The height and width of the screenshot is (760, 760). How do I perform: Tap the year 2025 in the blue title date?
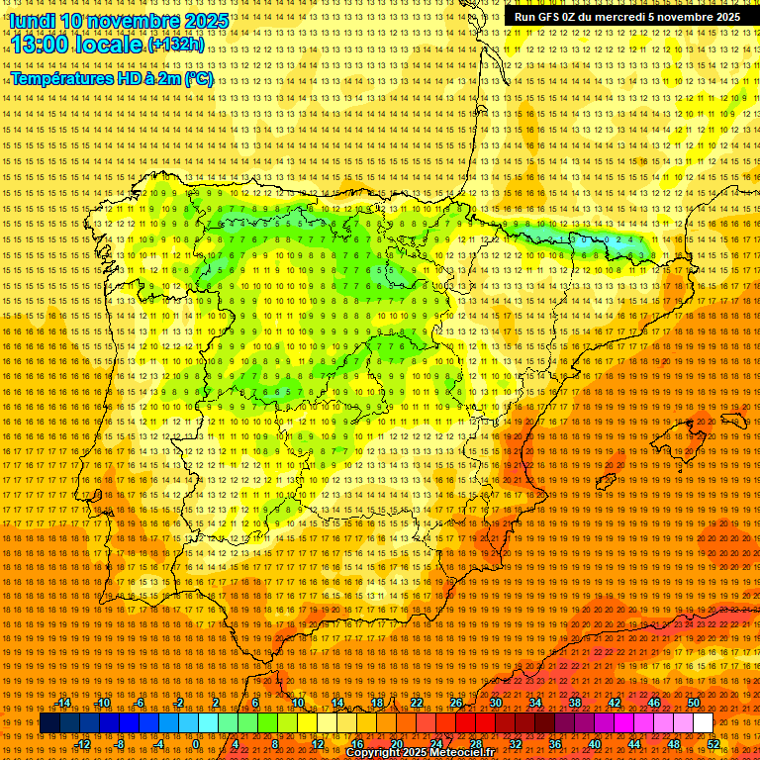click(x=205, y=21)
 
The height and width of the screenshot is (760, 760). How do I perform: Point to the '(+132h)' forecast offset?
click(x=176, y=45)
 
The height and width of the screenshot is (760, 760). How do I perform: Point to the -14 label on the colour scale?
click(x=64, y=703)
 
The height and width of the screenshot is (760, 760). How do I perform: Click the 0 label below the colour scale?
click(x=196, y=744)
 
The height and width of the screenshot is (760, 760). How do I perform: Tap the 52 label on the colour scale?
click(x=713, y=744)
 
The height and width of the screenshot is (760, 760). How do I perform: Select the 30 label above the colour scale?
click(x=495, y=703)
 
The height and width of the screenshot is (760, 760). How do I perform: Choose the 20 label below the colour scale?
click(x=396, y=744)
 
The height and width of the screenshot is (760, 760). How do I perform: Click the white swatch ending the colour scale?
click(x=703, y=723)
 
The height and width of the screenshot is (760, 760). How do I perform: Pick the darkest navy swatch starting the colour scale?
click(x=49, y=723)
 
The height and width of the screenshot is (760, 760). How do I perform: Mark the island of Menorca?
click(x=734, y=420)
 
